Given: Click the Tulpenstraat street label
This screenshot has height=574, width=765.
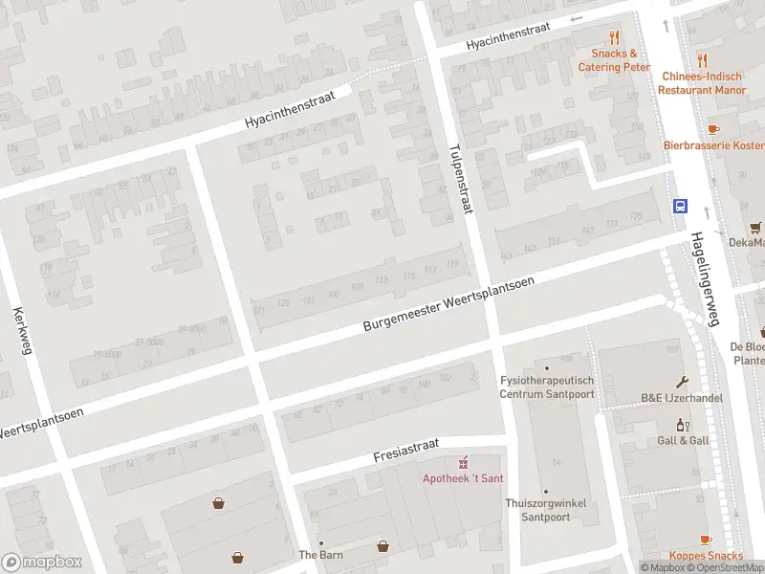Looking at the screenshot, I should tap(460, 180).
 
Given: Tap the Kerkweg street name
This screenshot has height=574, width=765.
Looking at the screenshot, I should tap(23, 331).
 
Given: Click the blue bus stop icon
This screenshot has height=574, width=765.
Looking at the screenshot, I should tap(680, 206).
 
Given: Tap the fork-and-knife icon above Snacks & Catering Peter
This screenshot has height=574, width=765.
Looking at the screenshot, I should tap(614, 38).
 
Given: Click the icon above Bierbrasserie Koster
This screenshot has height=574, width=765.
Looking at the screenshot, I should tap(712, 128).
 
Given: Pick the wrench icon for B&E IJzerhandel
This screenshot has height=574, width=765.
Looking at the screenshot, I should tap(682, 381).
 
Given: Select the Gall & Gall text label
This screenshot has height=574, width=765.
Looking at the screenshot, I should tap(683, 440).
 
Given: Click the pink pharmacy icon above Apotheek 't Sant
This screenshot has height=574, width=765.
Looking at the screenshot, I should tap(464, 462).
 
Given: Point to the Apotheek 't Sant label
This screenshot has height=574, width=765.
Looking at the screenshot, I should tap(464, 478).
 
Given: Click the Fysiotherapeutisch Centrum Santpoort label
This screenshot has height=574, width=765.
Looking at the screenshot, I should tap(548, 386).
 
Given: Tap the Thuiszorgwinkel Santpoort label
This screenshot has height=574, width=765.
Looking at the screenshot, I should tap(546, 510).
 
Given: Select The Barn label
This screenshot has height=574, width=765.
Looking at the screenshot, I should tap(320, 555).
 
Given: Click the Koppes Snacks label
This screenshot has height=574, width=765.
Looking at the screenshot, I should tap(706, 556).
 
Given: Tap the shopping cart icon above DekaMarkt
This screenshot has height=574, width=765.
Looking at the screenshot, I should tap(755, 227).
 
